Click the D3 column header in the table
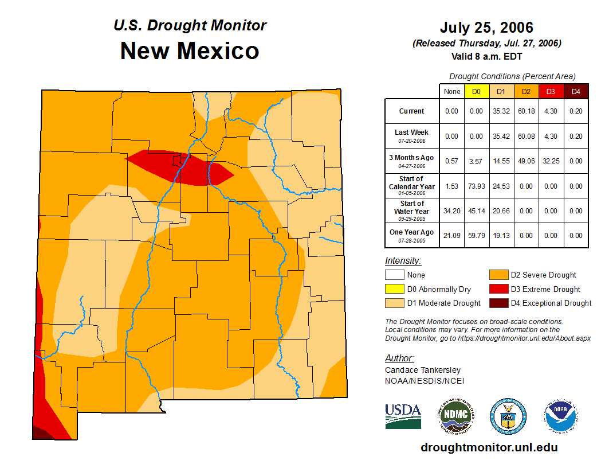click(551, 91)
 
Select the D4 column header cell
click(576, 91)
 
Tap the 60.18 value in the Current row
click(525, 111)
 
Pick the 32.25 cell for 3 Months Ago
click(551, 161)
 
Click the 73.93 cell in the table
click(477, 186)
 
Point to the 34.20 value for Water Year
click(452, 211)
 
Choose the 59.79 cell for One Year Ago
click(477, 236)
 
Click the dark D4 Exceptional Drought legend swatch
click(498, 303)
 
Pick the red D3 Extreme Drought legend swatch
click(498, 289)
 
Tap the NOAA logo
click(561, 416)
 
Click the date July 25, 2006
click(486, 28)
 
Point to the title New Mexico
click(190, 51)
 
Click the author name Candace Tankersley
click(423, 370)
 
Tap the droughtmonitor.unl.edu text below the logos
click(489, 447)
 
